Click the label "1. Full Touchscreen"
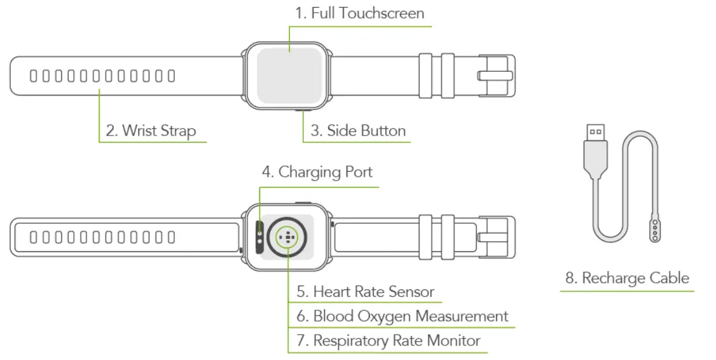pyautogui.click(x=359, y=13)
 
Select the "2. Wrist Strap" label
pyautogui.click(x=151, y=131)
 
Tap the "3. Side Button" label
pyautogui.click(x=358, y=131)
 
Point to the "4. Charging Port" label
pyautogui.click(x=317, y=172)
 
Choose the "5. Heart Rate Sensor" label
pyautogui.click(x=365, y=292)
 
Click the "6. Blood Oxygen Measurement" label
pyautogui.click(x=402, y=316)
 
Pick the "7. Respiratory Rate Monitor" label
pyautogui.click(x=388, y=341)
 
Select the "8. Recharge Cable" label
pyautogui.click(x=627, y=278)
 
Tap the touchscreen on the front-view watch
pyautogui.click(x=288, y=76)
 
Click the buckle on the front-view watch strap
pyautogui.click(x=496, y=76)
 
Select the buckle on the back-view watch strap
pyautogui.click(x=496, y=238)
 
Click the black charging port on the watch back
pyautogui.click(x=261, y=237)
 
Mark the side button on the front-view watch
pyautogui.click(x=302, y=110)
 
